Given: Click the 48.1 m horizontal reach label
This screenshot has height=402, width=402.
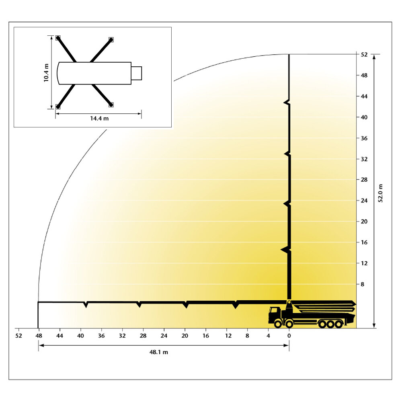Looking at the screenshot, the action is (x=159, y=352).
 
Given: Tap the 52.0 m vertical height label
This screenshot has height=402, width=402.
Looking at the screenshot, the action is (x=380, y=193).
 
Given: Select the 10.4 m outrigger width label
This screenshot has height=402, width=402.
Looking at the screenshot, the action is (x=46, y=73).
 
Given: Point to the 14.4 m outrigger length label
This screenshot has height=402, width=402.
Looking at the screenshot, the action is (x=99, y=118).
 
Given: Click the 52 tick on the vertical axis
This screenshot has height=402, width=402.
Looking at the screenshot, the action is (x=364, y=55).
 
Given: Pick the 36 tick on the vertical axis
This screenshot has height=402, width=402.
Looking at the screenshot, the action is (x=364, y=138).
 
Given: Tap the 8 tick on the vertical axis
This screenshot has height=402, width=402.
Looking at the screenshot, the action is (x=362, y=284).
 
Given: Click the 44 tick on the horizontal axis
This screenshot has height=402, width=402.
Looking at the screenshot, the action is (x=59, y=336).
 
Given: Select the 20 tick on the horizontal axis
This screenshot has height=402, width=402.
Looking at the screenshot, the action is (x=185, y=336).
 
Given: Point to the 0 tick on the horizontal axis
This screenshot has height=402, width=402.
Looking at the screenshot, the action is (x=289, y=336).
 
